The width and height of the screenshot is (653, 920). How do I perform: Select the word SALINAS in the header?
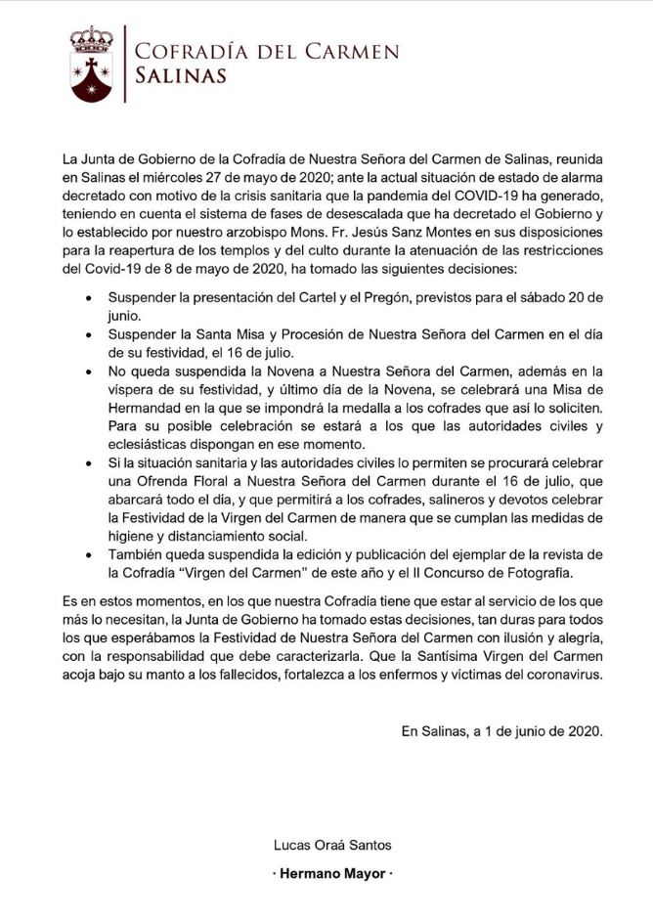pos(181,75)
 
